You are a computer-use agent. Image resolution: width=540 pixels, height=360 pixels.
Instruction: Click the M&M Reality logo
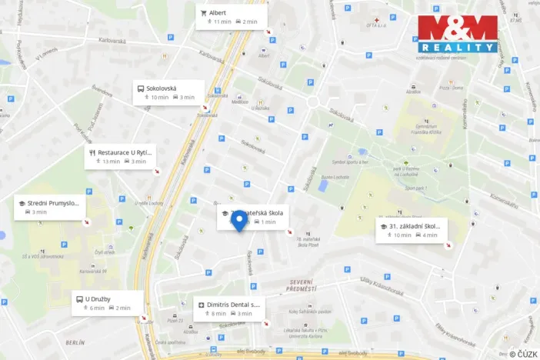(x=458, y=34)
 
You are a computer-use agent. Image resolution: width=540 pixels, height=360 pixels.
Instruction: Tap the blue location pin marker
(x=239, y=222)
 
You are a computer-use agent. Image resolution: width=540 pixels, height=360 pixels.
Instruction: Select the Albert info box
(x=232, y=17)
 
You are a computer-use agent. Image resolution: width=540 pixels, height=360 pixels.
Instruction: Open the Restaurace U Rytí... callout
(x=121, y=157)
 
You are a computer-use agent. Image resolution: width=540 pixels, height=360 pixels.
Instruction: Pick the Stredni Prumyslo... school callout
(x=50, y=207)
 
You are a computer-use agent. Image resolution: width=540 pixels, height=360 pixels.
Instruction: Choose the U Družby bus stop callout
(x=108, y=302)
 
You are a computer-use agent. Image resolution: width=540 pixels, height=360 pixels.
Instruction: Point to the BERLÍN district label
(x=75, y=342)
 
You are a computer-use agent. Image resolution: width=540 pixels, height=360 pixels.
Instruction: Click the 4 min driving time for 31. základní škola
(x=430, y=235)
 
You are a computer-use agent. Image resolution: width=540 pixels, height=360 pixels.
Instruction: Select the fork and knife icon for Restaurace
(x=92, y=152)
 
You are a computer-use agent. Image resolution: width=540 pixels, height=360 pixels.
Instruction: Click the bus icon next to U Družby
(x=78, y=298)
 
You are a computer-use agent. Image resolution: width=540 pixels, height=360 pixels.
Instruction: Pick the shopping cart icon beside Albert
(x=204, y=12)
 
